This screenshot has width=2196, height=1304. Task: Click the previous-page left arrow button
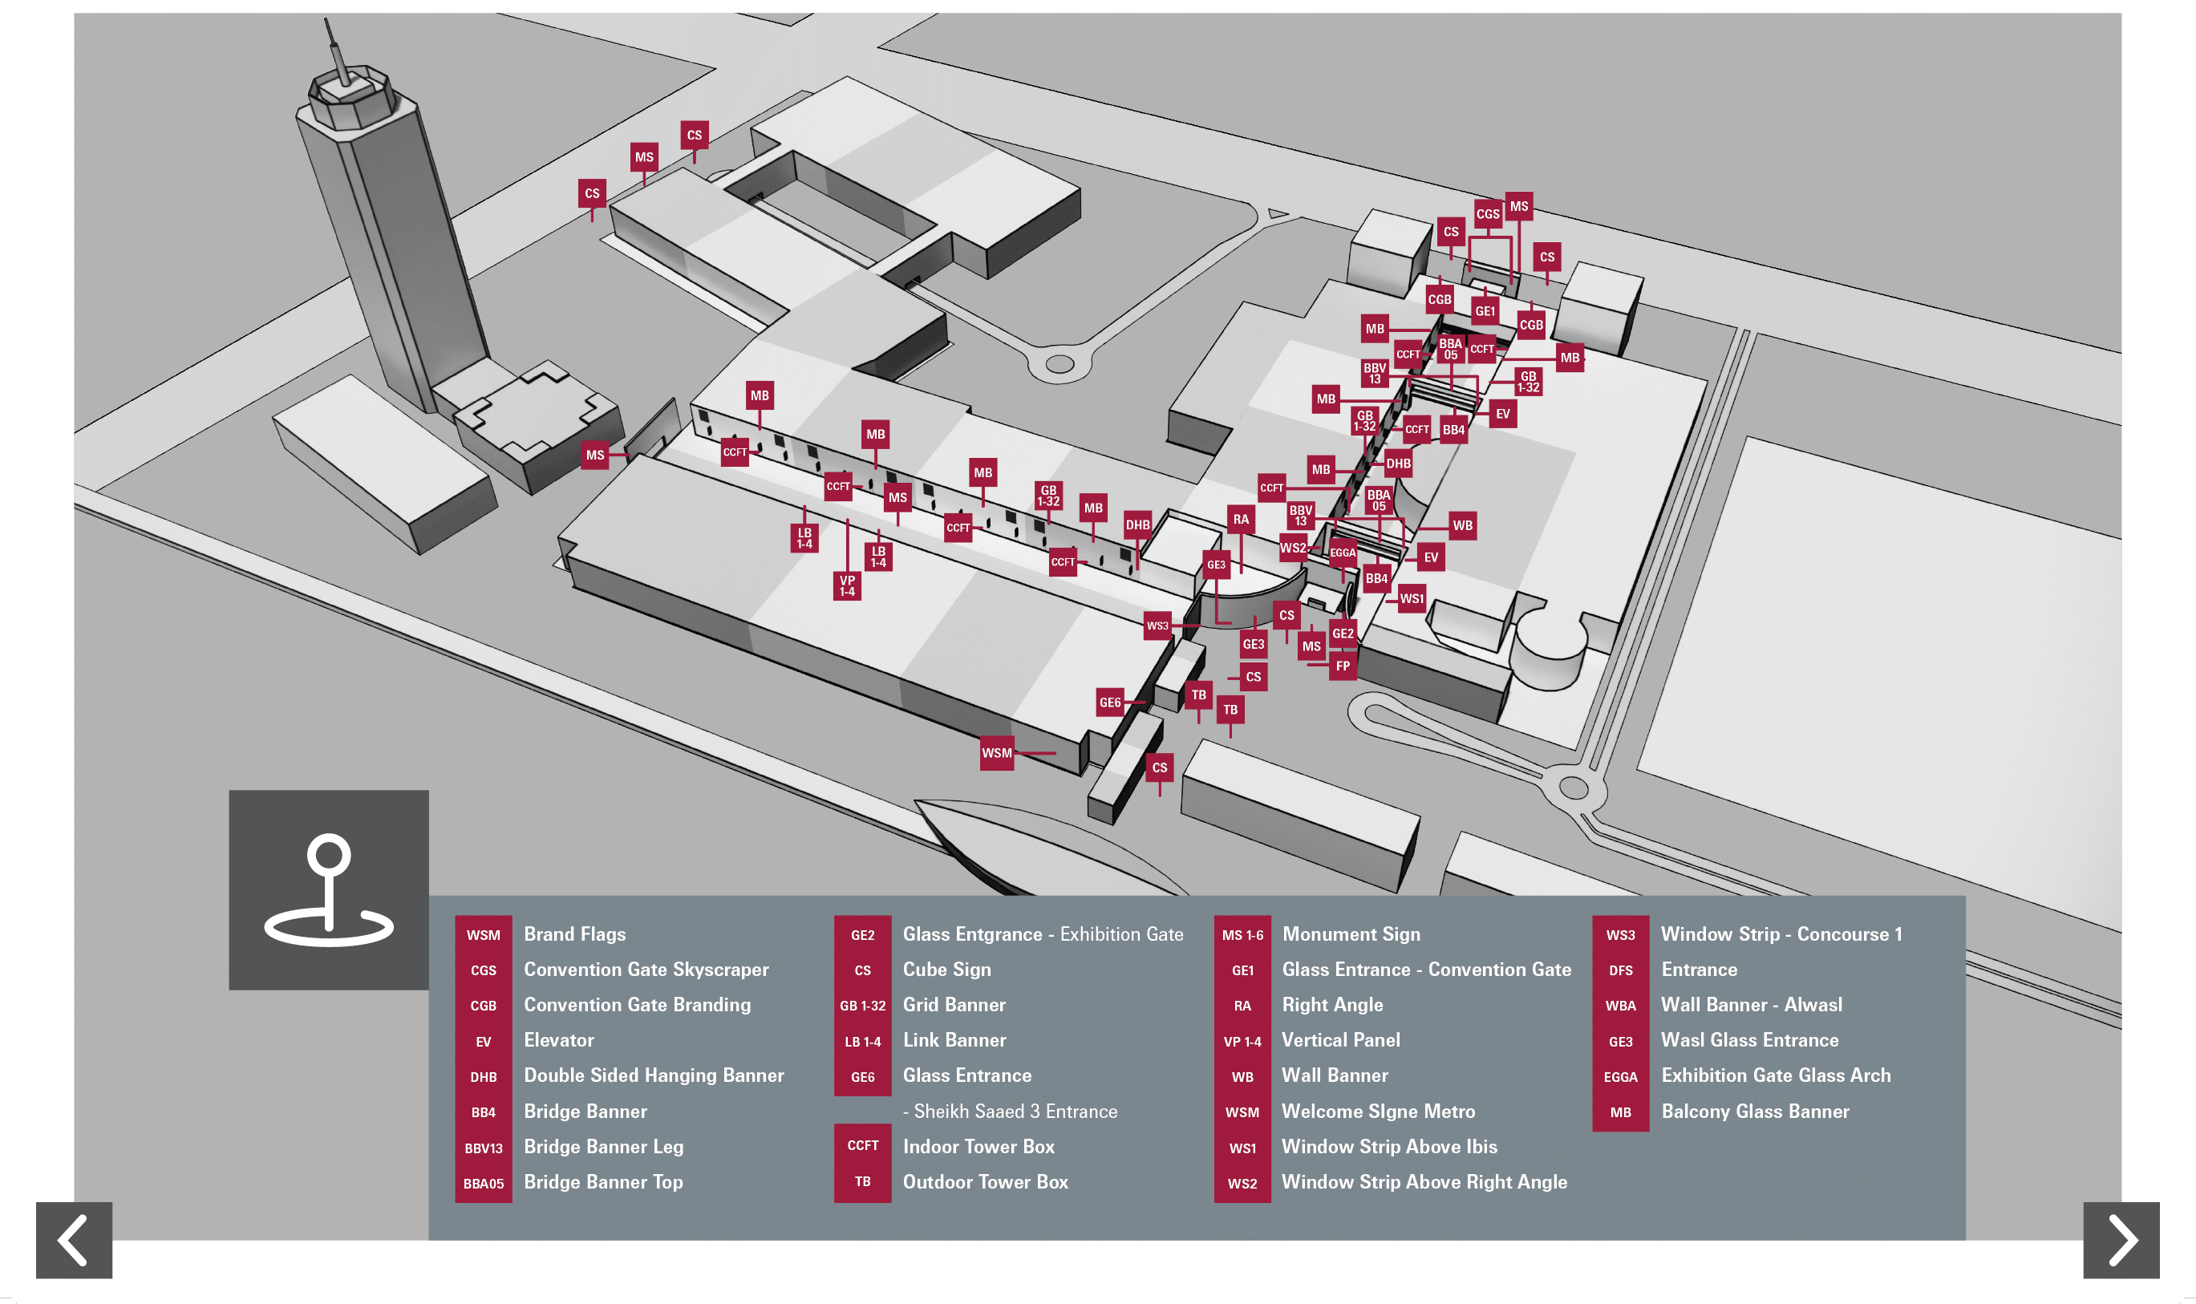[74, 1239]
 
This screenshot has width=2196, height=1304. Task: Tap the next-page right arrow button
[2121, 1239]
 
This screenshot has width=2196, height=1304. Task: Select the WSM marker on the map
[996, 753]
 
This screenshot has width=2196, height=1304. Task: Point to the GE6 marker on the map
[1110, 702]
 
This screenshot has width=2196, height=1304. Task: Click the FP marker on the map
[1342, 666]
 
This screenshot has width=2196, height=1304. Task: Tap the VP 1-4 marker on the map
[846, 585]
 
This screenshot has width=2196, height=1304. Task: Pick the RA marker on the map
[1240, 520]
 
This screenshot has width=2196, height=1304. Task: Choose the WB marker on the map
[1461, 525]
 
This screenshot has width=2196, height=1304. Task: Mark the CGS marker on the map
[1487, 213]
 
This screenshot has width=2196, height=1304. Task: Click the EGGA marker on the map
[1342, 553]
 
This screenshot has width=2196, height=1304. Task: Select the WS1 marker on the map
[1412, 598]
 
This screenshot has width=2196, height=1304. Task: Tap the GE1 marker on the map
[1485, 311]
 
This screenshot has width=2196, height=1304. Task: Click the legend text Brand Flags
[575, 934]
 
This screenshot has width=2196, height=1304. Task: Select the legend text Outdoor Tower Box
[985, 1182]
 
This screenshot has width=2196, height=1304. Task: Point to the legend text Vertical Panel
[1340, 1040]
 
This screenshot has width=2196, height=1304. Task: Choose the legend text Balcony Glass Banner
[1754, 1112]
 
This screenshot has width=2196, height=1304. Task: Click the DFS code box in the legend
[1619, 970]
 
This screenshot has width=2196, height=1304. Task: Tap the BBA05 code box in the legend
[484, 1183]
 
